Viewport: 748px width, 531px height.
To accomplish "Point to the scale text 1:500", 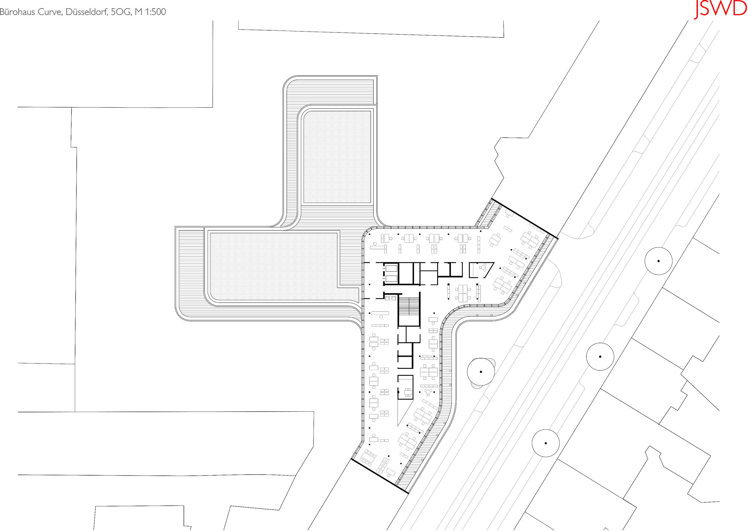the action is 155,12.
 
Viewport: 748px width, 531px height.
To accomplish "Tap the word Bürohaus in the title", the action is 18,12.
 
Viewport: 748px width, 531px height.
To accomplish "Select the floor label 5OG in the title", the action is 121,12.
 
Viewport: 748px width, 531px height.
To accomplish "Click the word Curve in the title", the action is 50,12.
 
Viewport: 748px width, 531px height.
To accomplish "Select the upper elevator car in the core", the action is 391,268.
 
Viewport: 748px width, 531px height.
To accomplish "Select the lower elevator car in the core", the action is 391,278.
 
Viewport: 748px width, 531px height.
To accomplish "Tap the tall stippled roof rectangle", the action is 337,157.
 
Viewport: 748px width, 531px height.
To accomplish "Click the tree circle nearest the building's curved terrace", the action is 481,372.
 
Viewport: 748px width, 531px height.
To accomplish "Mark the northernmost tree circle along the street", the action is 659,261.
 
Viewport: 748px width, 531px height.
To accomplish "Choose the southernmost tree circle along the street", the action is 546,443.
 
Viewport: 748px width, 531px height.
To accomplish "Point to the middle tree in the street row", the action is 600,357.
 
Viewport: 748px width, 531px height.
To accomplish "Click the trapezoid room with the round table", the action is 481,270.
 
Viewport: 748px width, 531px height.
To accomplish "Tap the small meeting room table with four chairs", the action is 407,392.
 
